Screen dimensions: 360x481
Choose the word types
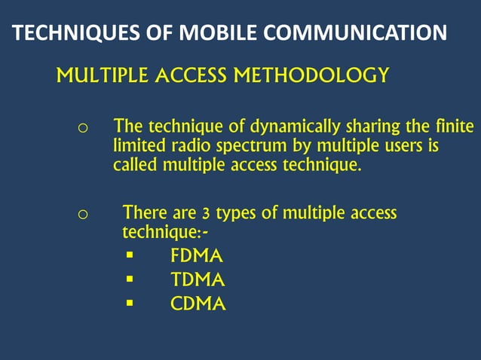[233, 215]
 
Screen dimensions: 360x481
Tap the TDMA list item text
[198, 281]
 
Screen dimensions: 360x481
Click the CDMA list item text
[198, 305]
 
